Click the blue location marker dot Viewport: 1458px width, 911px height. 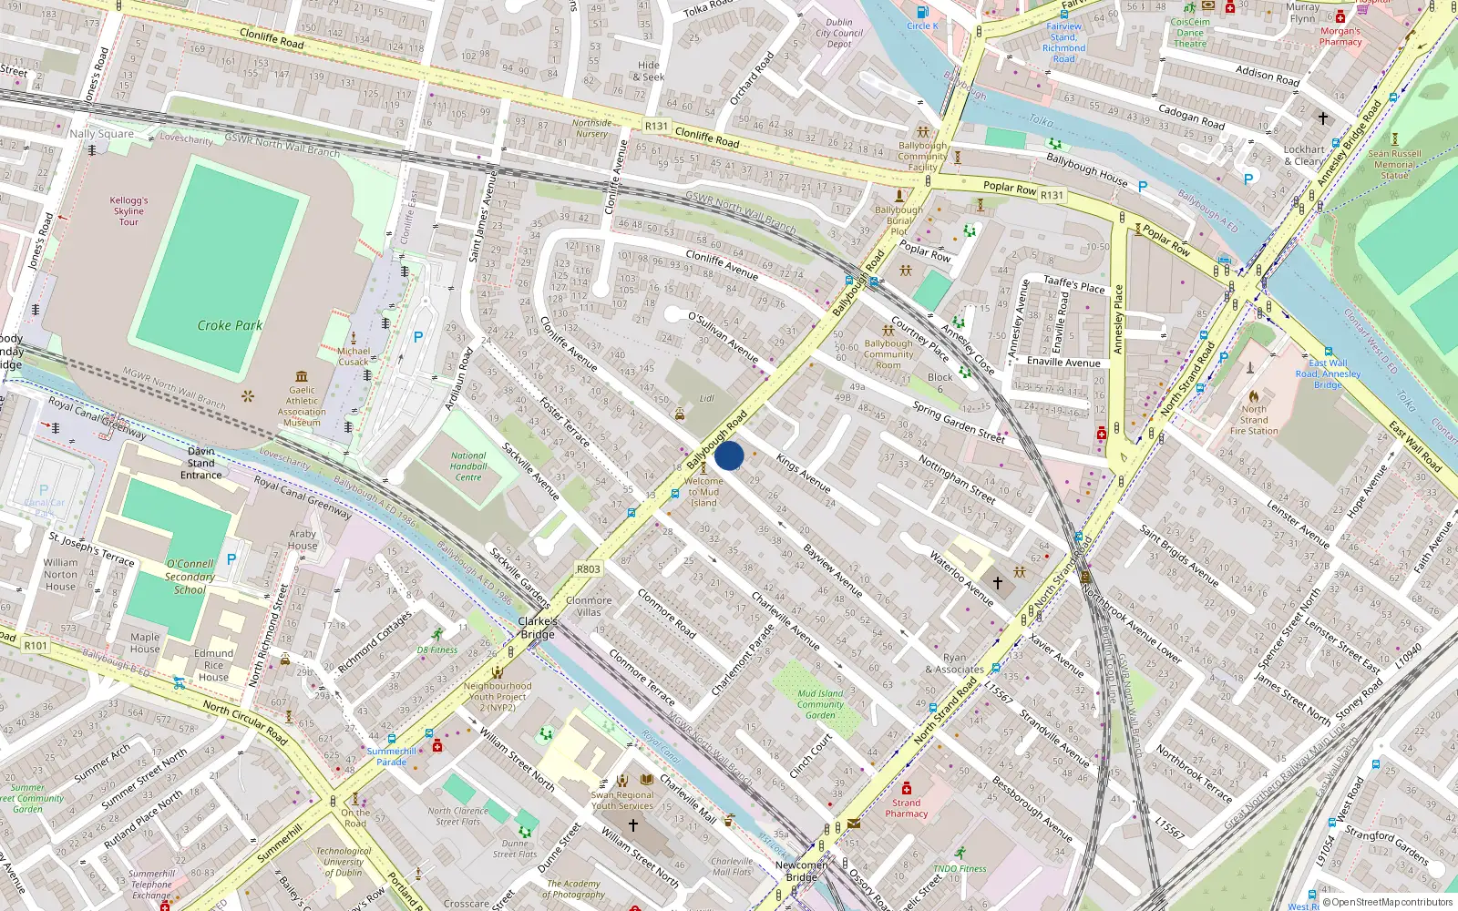click(729, 455)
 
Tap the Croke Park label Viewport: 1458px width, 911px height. click(230, 325)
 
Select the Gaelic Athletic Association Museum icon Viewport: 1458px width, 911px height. click(302, 376)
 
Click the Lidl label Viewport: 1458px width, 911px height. click(707, 399)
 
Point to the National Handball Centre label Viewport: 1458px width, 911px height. click(468, 466)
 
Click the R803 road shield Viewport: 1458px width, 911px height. click(589, 569)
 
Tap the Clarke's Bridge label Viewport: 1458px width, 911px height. click(538, 628)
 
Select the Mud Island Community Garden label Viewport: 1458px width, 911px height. click(820, 704)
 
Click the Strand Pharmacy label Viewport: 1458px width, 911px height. click(906, 808)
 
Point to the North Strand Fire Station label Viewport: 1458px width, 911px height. click(1254, 420)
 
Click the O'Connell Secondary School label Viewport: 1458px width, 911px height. click(190, 577)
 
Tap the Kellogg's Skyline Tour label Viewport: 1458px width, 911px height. click(128, 211)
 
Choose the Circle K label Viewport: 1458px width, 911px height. click(922, 26)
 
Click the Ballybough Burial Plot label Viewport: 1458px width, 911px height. click(898, 220)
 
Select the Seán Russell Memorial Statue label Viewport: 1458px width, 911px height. click(1394, 165)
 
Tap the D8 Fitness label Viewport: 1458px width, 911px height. click(437, 650)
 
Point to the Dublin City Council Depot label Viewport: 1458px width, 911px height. click(839, 33)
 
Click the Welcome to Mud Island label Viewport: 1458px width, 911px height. click(703, 492)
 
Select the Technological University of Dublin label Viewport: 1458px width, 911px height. click(344, 862)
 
